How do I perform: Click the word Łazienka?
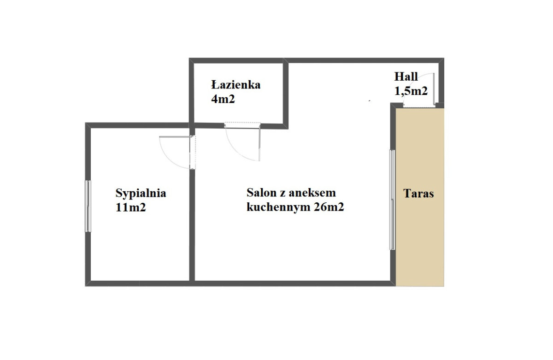coord(236,85)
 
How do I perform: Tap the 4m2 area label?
coord(223,99)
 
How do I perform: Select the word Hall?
coord(406,77)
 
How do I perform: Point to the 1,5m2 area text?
coord(411,91)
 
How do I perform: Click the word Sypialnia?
coord(141,193)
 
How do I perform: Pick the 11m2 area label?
coord(130,207)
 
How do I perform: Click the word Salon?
coord(261,193)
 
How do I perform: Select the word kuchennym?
coord(278,207)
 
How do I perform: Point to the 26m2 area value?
coord(329,207)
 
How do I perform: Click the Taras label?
coord(418,193)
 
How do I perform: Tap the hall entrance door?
coord(434,89)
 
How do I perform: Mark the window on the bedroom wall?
coord(88,206)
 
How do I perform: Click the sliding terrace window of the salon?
coord(392,200)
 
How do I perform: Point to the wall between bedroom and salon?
coord(192,225)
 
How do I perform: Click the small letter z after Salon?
coord(282,194)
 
